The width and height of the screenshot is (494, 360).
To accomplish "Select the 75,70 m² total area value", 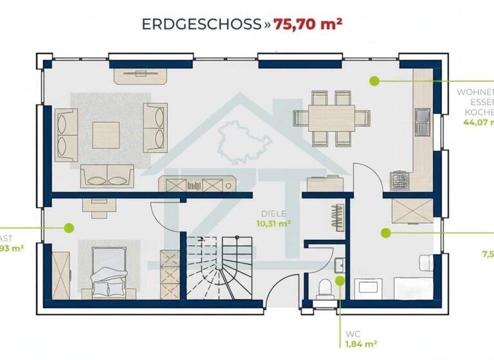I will pyautogui.click(x=307, y=24).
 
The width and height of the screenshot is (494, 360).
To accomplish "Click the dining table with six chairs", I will pyautogui.click(x=331, y=118).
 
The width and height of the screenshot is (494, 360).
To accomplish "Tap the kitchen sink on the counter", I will pyautogui.click(x=422, y=122).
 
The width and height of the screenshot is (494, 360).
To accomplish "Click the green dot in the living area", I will pyautogui.click(x=373, y=80).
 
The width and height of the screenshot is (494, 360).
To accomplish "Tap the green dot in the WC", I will pyautogui.click(x=339, y=280).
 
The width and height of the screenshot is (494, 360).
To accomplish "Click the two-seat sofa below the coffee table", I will pyautogui.click(x=107, y=175).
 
